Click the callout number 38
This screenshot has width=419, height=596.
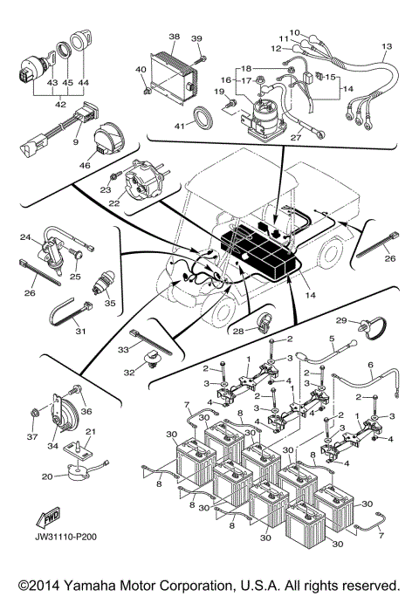click(173, 38)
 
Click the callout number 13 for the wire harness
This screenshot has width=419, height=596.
click(387, 46)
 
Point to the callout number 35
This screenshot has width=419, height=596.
click(110, 305)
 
